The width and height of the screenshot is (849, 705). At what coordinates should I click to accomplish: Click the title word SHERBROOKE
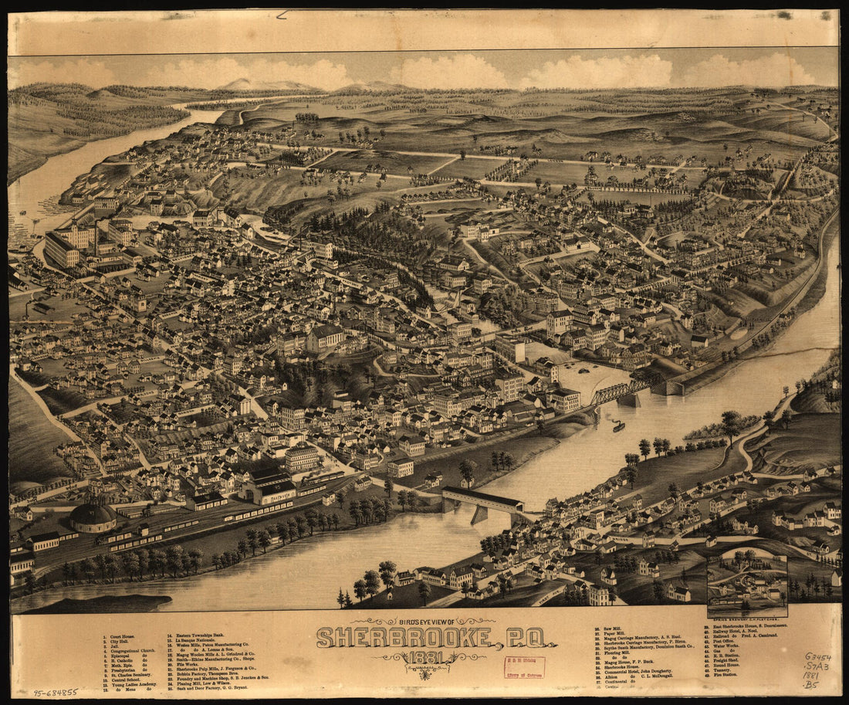pyautogui.click(x=403, y=638)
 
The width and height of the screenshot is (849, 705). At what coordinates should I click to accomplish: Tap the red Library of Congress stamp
pyautogui.click(x=524, y=667)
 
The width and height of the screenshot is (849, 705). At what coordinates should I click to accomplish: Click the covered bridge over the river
pyautogui.click(x=482, y=500)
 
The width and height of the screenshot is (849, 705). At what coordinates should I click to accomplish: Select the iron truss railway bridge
pyautogui.click(x=621, y=391)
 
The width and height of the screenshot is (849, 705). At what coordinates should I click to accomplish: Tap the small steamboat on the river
pyautogui.click(x=618, y=426)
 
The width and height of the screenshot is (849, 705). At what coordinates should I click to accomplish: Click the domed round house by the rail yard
pyautogui.click(x=93, y=517)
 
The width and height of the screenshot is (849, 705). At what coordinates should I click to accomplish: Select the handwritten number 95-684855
pyautogui.click(x=55, y=693)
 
